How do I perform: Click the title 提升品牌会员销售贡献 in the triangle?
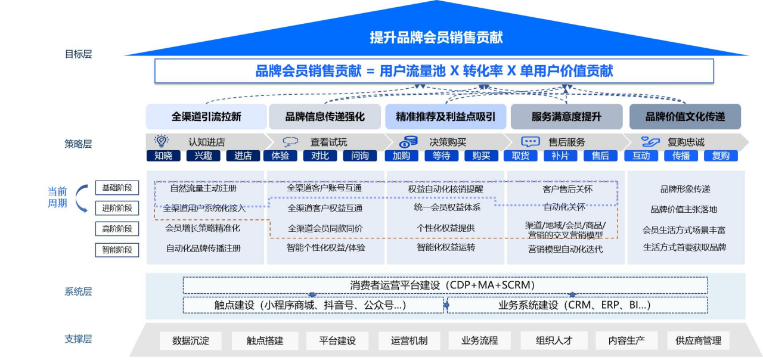click(x=436, y=38)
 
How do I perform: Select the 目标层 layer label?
click(x=78, y=54)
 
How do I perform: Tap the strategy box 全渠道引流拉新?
click(x=206, y=117)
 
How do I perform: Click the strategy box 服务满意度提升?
click(x=566, y=117)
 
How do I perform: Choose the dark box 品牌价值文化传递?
click(x=685, y=117)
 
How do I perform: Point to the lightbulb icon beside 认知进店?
click(x=161, y=141)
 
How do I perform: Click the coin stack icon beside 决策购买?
click(x=408, y=142)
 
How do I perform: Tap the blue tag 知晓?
click(x=163, y=156)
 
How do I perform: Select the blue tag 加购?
click(x=401, y=156)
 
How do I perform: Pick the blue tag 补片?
click(x=560, y=156)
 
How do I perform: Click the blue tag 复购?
click(x=720, y=156)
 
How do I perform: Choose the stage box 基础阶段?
click(x=117, y=188)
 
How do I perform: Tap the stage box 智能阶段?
click(x=117, y=250)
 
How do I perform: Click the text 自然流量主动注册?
click(x=203, y=188)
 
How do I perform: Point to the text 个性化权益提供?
click(x=446, y=228)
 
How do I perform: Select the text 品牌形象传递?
click(x=685, y=190)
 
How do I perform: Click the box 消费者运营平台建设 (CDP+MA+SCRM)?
click(x=445, y=285)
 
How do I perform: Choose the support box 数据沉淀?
click(x=190, y=341)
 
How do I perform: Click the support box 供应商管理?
click(x=698, y=341)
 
